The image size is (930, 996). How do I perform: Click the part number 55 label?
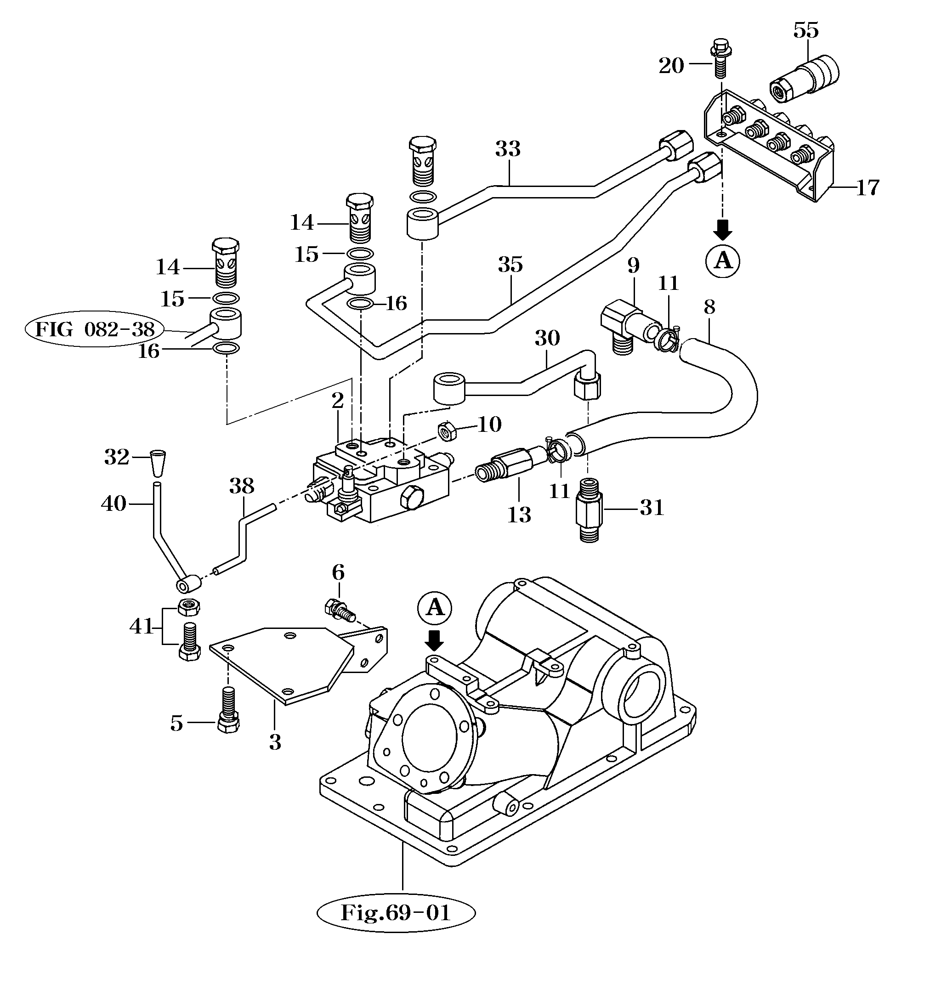[x=806, y=31]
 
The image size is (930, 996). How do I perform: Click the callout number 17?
[x=868, y=188]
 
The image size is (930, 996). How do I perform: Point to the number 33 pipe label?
[x=508, y=149]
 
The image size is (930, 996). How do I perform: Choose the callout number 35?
[x=510, y=264]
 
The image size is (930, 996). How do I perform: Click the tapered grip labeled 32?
[x=159, y=463]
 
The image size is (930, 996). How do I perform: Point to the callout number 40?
[x=114, y=503]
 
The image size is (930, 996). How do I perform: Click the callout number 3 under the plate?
[x=275, y=742]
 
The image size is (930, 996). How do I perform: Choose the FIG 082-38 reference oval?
[x=95, y=329]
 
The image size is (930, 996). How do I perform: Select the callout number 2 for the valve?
[x=338, y=400]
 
